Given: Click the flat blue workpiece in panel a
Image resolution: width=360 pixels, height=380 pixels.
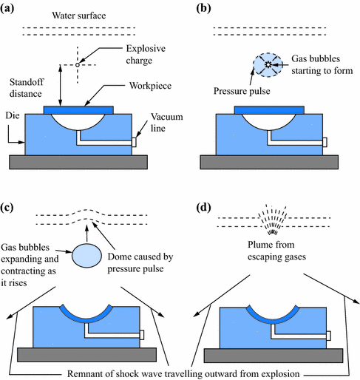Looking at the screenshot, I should tap(79, 109).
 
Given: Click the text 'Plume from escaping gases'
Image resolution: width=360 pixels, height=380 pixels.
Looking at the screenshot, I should tap(270, 248).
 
